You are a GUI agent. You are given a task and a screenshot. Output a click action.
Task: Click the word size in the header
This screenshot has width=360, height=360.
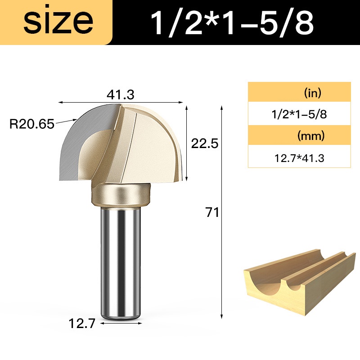[58, 21]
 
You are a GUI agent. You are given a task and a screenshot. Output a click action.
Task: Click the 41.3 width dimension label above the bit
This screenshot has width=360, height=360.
[120, 94]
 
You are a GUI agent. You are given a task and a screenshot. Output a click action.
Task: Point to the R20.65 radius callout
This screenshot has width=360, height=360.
[31, 124]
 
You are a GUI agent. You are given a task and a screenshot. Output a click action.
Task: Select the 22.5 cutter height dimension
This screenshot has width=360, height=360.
[205, 144]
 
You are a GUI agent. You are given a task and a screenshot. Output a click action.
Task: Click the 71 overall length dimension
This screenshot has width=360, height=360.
[212, 212]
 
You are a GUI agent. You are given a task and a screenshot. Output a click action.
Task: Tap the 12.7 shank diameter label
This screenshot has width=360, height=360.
[82, 324]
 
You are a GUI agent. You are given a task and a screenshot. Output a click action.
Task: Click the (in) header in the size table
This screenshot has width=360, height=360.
[312, 93]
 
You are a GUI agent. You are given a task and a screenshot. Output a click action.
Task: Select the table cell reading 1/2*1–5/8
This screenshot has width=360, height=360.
[299, 114]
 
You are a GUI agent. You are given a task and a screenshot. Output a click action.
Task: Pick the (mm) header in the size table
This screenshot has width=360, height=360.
[311, 136]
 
